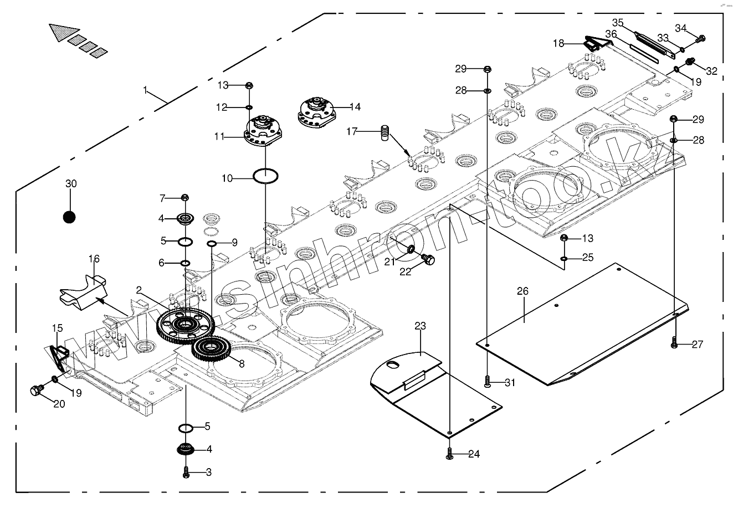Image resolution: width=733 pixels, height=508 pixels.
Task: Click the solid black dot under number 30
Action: click(x=69, y=217)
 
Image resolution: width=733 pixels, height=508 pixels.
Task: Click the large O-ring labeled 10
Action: click(x=265, y=176)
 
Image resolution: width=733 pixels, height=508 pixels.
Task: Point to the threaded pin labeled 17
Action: click(x=385, y=133)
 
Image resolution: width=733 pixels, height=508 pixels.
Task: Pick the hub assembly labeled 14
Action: click(x=317, y=112)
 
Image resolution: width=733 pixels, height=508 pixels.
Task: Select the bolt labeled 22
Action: click(x=428, y=259)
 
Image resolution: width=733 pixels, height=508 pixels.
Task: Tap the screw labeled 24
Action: click(x=450, y=453)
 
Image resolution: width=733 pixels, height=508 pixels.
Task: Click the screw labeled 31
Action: click(x=487, y=381)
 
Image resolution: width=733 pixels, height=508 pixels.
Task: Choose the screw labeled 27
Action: click(x=674, y=343)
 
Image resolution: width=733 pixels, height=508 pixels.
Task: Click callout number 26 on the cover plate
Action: click(x=522, y=291)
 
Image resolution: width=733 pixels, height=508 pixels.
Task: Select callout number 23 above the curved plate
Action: click(x=420, y=326)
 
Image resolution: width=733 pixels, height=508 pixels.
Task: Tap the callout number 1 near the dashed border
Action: click(x=145, y=90)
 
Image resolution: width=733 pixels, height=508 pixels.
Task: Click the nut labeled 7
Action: click(x=185, y=197)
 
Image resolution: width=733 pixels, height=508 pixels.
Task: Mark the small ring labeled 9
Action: click(x=212, y=243)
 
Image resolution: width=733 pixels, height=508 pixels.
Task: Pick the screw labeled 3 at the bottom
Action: click(x=186, y=473)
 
